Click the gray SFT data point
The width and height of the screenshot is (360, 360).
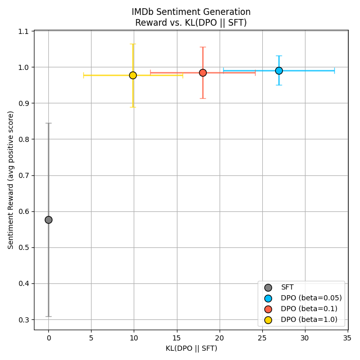(x=48, y=220)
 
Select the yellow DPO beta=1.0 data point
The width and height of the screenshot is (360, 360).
(x=133, y=75)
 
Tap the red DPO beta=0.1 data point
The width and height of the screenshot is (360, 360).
(x=203, y=73)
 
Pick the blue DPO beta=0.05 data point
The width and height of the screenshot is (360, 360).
(x=279, y=70)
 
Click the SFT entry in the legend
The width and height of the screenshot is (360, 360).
(x=287, y=287)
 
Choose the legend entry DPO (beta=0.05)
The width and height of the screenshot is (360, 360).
(x=311, y=298)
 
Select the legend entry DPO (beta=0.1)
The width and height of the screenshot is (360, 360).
(x=309, y=309)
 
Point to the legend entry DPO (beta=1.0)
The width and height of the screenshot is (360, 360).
(x=309, y=320)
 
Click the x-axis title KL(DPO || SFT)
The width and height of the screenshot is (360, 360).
(x=191, y=349)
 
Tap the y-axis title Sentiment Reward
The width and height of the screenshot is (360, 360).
(x=11, y=180)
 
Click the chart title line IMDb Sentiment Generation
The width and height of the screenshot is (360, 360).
(x=191, y=12)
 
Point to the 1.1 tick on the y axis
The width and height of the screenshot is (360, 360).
(x=24, y=31)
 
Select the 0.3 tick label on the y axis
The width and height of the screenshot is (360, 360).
(x=24, y=320)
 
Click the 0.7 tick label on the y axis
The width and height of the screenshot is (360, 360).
(x=24, y=175)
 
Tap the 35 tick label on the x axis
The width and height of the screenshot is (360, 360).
(x=348, y=338)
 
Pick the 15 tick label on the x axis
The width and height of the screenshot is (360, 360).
(x=177, y=338)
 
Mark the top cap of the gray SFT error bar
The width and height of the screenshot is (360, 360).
(x=48, y=123)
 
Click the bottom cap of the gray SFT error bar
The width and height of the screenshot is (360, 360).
(x=48, y=316)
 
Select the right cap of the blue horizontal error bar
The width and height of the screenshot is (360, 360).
(x=334, y=70)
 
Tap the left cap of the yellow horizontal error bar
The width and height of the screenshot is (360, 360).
(x=83, y=75)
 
